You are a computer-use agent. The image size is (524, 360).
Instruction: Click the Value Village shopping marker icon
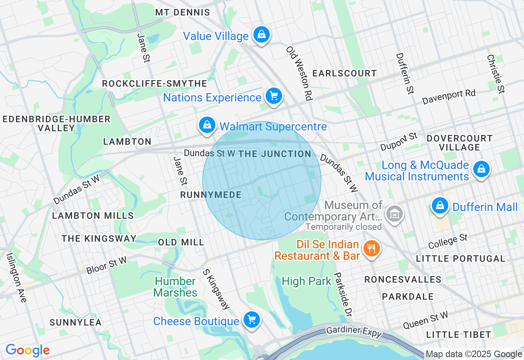coord(261,35)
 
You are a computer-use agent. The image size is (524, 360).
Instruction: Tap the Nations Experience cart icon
coord(274,96)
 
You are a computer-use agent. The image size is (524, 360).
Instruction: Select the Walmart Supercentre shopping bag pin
coord(207,125)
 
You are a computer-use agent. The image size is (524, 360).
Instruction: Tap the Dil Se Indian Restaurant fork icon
coord(372,248)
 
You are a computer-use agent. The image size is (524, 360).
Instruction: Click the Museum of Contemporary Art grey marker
coord(395,214)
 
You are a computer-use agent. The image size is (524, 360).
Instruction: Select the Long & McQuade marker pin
coord(481,169)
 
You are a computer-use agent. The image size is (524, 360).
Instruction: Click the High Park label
coord(306,281)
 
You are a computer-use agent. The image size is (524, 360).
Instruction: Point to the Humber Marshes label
coord(175,287)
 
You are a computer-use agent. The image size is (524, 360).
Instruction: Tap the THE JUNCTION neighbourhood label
coord(275,154)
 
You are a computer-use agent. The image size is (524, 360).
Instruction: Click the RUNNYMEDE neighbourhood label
coord(211,195)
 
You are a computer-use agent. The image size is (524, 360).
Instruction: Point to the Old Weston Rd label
coord(299,73)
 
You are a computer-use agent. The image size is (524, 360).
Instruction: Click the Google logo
coord(27,351)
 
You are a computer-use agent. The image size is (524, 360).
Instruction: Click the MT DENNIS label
coord(183,13)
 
